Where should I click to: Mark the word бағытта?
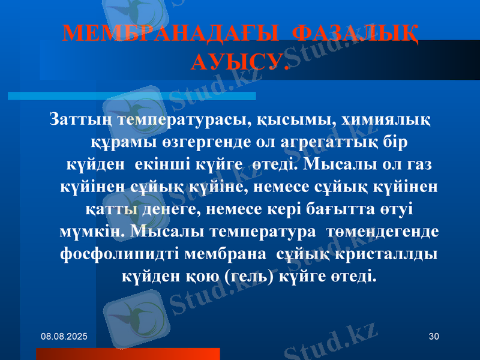(x=324, y=209)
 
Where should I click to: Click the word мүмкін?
(x=91, y=231)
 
